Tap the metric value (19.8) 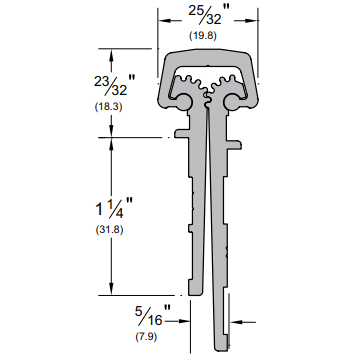[203, 36]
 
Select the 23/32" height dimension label [115, 85]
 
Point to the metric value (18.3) [109, 107]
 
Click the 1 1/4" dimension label [115, 208]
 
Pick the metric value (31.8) [110, 230]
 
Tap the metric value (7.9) [146, 337]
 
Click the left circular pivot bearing [183, 102]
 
